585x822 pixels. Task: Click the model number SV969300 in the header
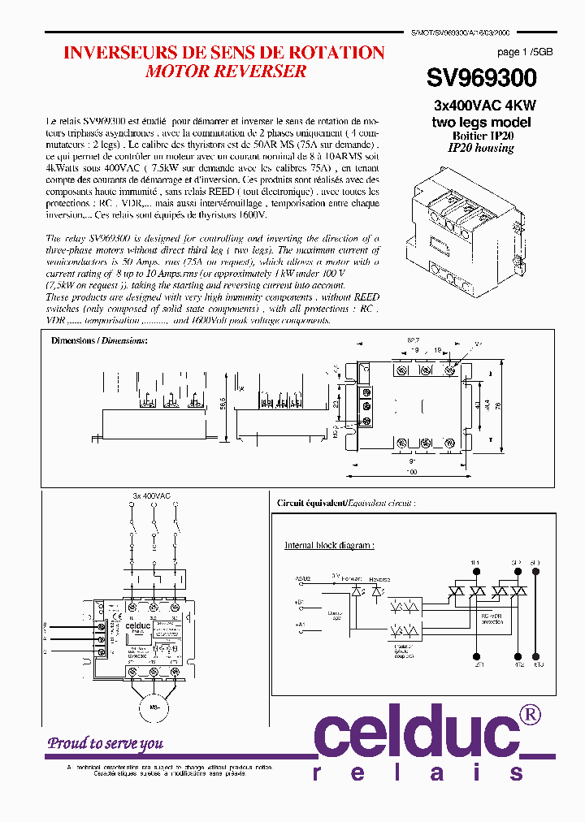click(x=481, y=78)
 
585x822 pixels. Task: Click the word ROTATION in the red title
click(x=334, y=53)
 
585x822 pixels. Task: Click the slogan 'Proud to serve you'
click(x=105, y=742)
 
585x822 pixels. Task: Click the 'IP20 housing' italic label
click(x=481, y=148)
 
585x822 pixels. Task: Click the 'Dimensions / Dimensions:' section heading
click(x=99, y=340)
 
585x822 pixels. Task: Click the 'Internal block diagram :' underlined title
click(x=329, y=545)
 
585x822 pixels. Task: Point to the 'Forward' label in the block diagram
click(x=353, y=579)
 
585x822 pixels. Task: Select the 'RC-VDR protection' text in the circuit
click(x=492, y=618)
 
